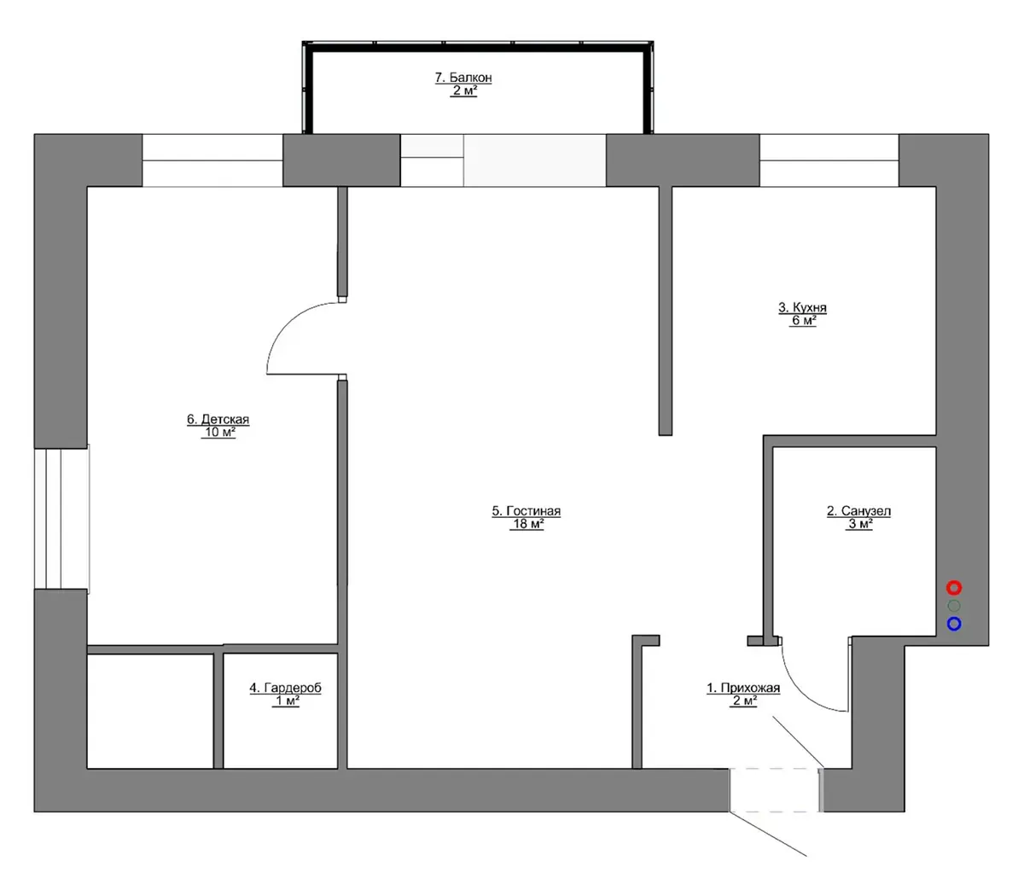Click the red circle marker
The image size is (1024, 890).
953,587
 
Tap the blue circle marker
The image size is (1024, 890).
954,624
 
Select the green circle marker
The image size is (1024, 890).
954,606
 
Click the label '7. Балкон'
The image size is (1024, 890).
463,78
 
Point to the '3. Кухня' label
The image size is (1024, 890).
802,308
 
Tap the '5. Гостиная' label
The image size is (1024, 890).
526,511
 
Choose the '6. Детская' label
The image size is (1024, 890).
218,419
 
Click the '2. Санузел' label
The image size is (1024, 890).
858,511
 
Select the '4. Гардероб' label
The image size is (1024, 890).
285,688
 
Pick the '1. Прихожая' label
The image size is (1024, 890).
743,688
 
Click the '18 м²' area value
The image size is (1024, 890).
527,524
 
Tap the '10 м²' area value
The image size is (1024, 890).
218,433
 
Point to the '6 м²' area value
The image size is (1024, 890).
803,321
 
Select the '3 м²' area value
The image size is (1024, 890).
859,524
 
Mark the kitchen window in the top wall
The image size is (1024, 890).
829,160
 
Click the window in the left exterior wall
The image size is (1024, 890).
61,518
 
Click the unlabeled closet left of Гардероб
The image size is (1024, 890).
150,711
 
